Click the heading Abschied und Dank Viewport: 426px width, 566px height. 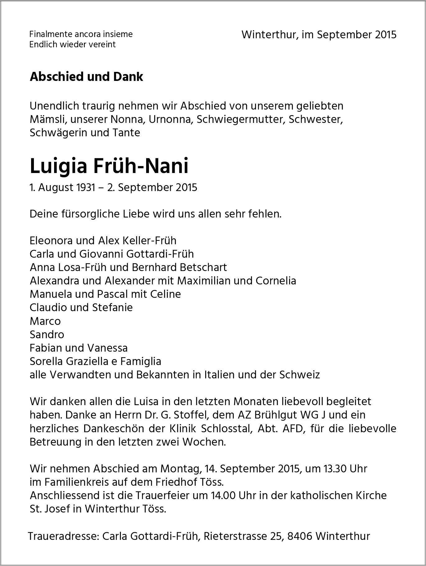pyautogui.click(x=86, y=77)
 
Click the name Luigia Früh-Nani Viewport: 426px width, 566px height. pyautogui.click(x=109, y=166)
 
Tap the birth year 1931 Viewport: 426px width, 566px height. pyautogui.click(x=85, y=188)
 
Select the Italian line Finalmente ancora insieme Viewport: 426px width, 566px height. pyautogui.click(x=81, y=34)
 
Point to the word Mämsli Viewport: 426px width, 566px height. pyautogui.click(x=46, y=119)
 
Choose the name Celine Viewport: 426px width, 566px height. pyautogui.click(x=165, y=294)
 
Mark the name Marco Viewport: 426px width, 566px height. pyautogui.click(x=45, y=321)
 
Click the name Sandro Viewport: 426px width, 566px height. pyautogui.click(x=47, y=334)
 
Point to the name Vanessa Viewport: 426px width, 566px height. pyautogui.click(x=108, y=348)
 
